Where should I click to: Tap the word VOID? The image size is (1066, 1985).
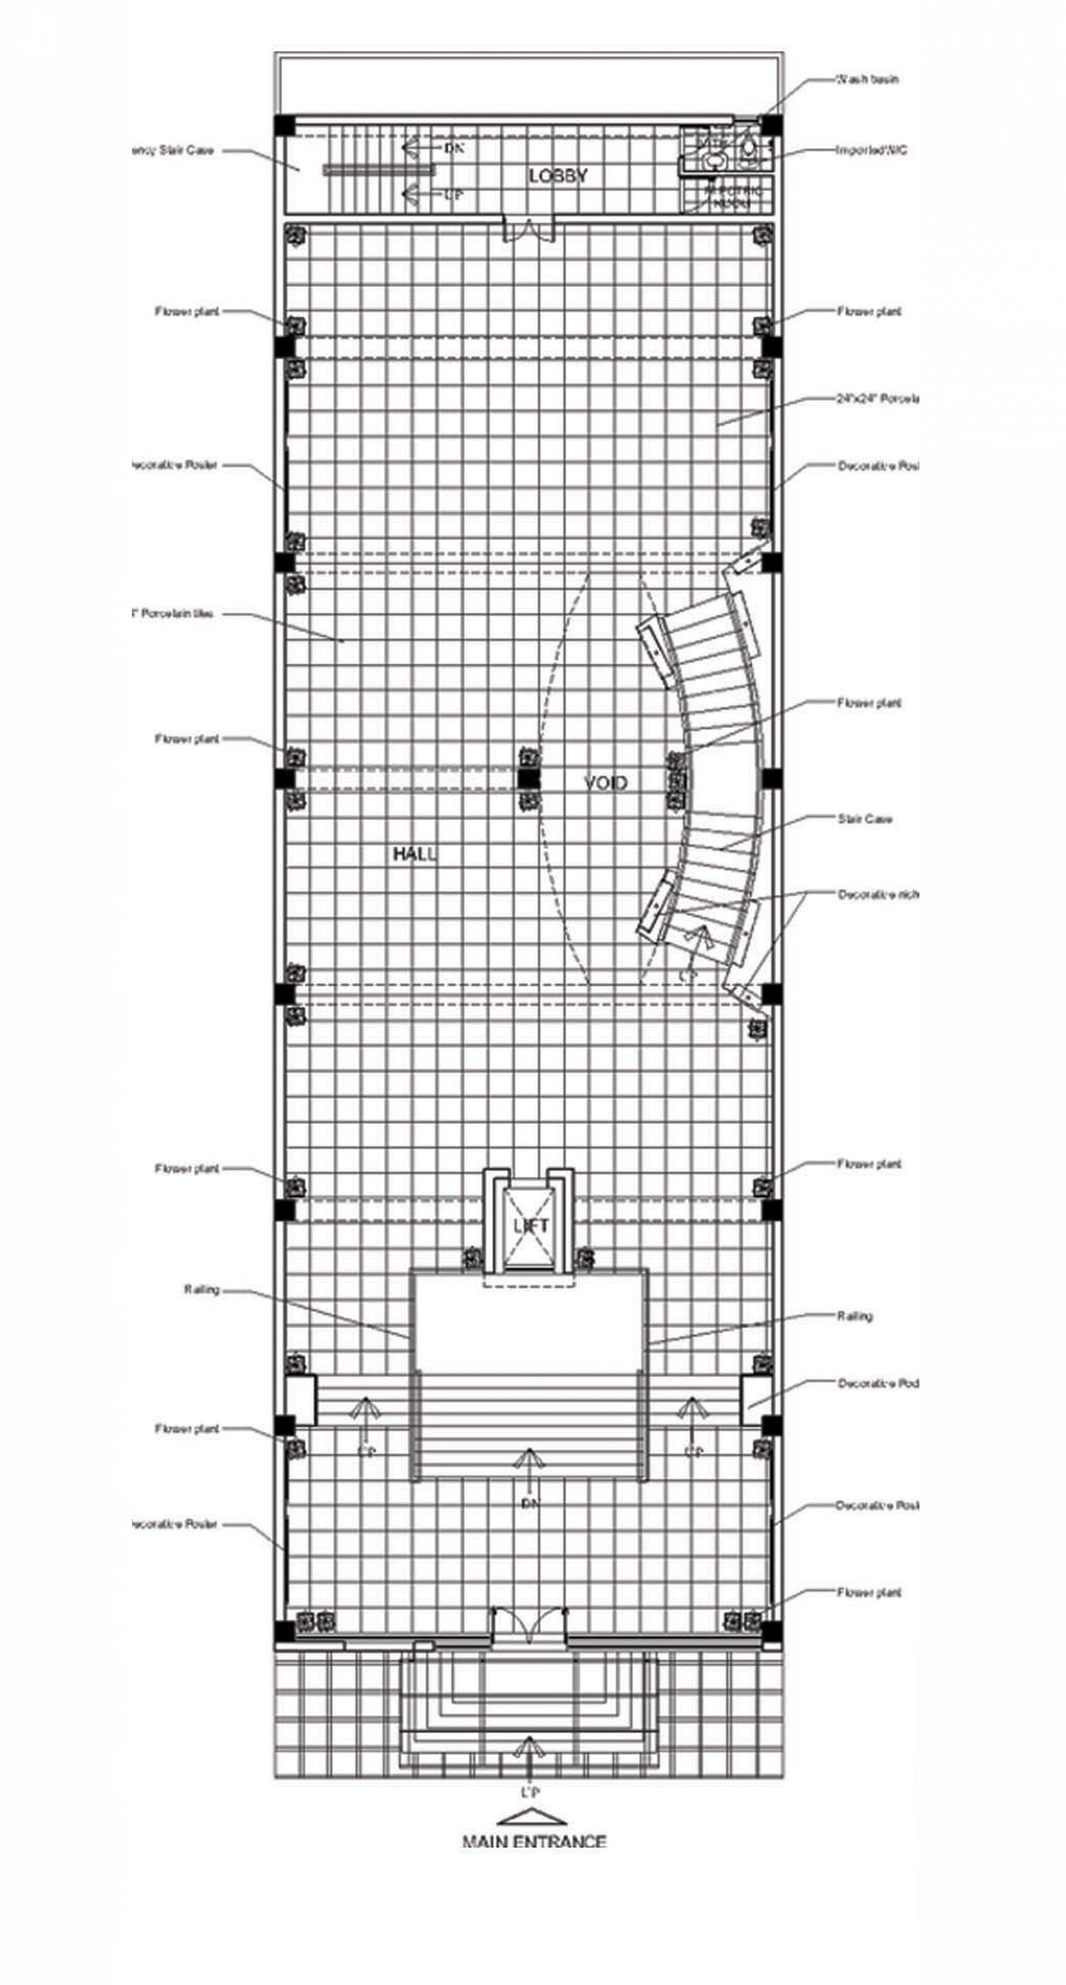click(605, 783)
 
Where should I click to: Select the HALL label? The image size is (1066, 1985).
click(414, 854)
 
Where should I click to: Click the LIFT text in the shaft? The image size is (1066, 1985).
click(530, 1225)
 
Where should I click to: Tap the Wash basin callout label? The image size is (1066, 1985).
click(867, 79)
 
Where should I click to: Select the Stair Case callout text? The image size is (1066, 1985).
click(865, 819)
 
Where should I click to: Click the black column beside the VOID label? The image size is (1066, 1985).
click(529, 780)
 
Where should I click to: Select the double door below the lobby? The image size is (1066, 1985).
click(529, 229)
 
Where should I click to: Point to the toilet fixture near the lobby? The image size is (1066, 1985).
click(748, 148)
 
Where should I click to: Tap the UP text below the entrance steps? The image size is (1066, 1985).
click(530, 1792)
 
